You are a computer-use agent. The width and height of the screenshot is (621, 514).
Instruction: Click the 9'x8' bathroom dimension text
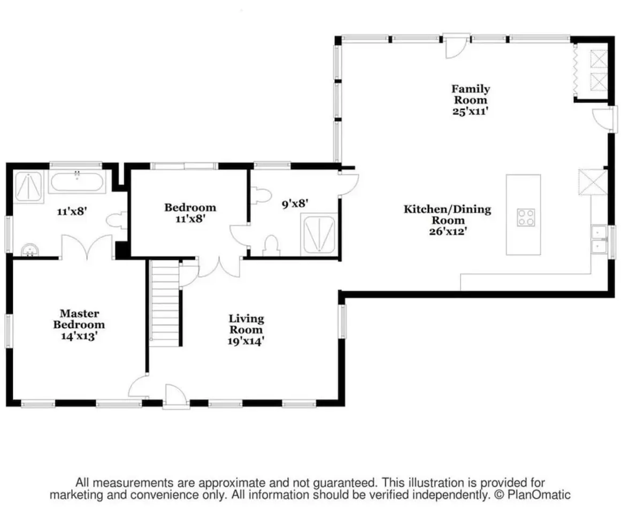point(295,203)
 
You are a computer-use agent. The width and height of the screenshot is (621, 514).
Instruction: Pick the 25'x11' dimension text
point(470,111)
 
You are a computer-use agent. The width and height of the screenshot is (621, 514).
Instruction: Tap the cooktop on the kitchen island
point(526,217)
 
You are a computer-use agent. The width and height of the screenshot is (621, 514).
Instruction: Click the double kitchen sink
point(600,239)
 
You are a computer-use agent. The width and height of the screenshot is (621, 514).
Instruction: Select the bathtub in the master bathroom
point(77,182)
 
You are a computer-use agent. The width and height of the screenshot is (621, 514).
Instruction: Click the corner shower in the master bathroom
point(28,187)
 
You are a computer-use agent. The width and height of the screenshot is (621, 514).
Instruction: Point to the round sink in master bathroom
point(30,250)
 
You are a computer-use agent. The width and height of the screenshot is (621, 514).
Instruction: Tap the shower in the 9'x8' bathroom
point(319,234)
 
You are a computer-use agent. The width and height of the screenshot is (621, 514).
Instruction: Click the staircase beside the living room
point(165,303)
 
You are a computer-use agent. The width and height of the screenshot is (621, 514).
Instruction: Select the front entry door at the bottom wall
point(175,396)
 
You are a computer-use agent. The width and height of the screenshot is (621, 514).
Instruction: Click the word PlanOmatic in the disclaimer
point(539,495)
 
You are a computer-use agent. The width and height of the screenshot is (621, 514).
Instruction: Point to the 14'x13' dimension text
point(79,336)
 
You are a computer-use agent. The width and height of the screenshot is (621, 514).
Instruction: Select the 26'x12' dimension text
point(447,231)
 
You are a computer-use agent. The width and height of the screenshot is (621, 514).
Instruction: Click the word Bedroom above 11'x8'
point(190,207)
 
